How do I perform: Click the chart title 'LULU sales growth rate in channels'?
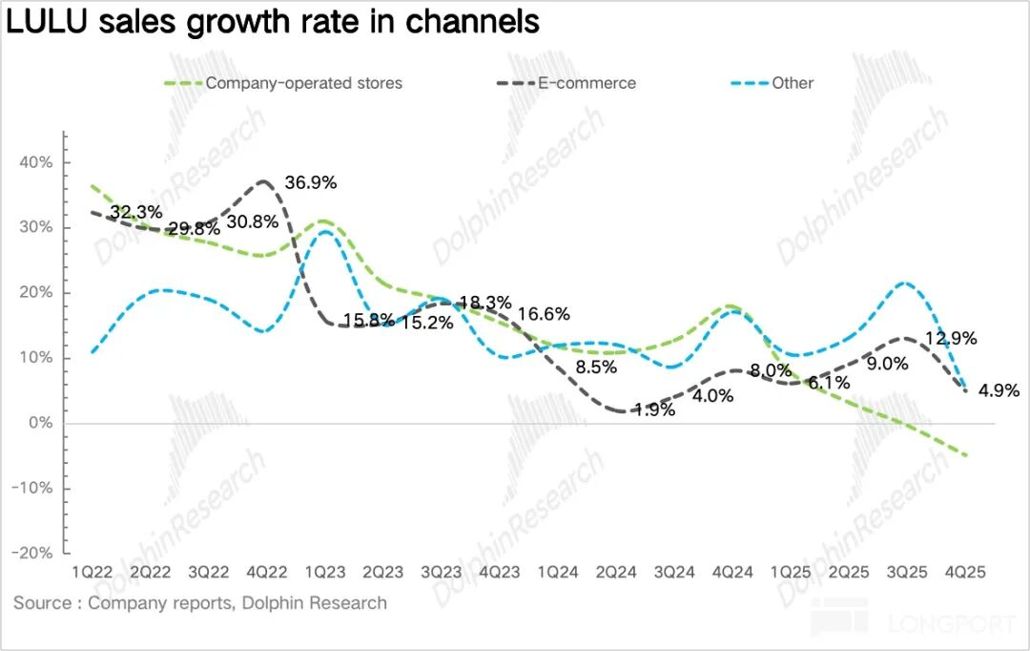(x=274, y=22)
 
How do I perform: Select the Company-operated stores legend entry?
(x=304, y=83)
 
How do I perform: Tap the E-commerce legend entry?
(x=587, y=83)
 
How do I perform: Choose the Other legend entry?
(x=793, y=83)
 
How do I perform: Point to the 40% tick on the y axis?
(x=35, y=162)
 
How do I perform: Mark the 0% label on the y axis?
(x=40, y=423)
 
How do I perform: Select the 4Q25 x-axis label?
(x=965, y=572)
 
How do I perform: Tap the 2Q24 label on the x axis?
(x=616, y=572)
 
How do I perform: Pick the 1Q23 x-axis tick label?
(x=324, y=572)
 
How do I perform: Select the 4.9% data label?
(x=999, y=389)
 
